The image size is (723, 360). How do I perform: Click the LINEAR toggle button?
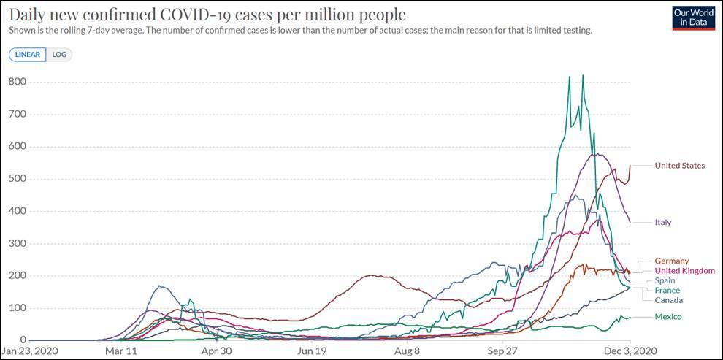pos(27,55)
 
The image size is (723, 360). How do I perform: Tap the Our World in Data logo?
pos(693,18)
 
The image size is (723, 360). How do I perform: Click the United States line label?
pos(679,166)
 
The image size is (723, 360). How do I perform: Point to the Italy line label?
pos(662,222)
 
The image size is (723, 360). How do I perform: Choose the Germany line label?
pos(671,261)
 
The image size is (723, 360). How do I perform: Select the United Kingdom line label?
pos(684,271)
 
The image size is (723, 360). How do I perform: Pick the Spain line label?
pos(665,280)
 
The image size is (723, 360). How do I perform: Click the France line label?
pos(667,291)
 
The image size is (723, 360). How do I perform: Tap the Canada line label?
pos(668,300)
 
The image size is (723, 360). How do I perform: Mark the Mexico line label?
pos(667,317)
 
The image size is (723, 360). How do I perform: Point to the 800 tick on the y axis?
pos(17,82)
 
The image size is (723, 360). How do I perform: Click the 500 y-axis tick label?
pos(17,179)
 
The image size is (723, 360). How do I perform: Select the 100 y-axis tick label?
pos(17,308)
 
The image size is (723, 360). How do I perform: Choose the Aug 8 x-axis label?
pos(406,351)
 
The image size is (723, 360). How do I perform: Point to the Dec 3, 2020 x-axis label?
pos(630,351)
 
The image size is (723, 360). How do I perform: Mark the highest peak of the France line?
pos(582,75)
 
